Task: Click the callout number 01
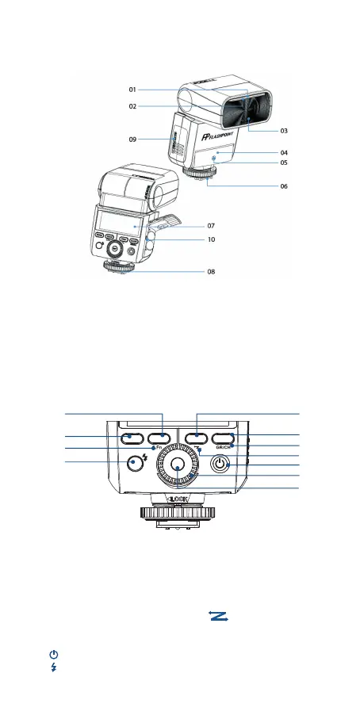click(x=132, y=90)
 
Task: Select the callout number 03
click(x=284, y=131)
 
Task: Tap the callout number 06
click(x=284, y=186)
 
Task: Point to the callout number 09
click(x=132, y=140)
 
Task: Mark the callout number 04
click(x=284, y=153)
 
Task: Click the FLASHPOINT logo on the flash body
click(x=217, y=136)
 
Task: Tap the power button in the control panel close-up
click(x=220, y=465)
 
